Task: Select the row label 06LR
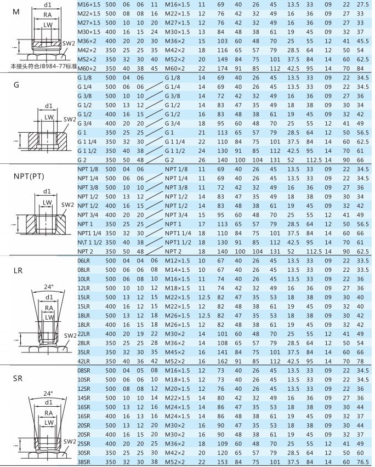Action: [83, 260]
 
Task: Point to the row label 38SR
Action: [85, 463]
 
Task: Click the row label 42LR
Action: [83, 361]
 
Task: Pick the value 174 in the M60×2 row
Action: [221, 68]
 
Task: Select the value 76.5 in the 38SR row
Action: [362, 463]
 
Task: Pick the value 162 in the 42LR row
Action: [221, 361]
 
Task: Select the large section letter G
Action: [16, 87]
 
